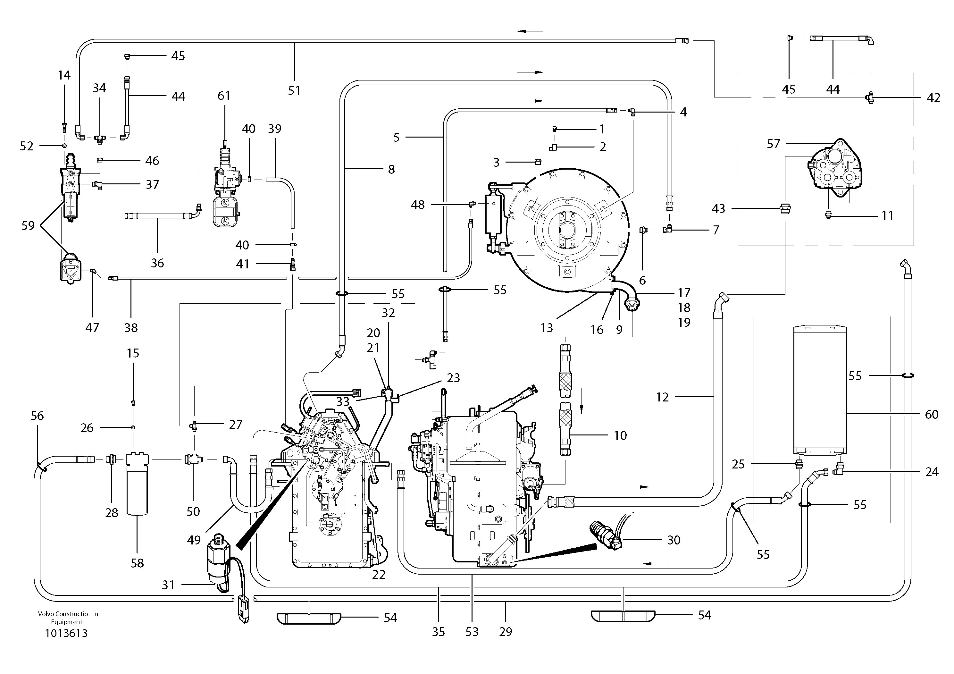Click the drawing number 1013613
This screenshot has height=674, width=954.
66,633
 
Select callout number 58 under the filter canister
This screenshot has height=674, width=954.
137,563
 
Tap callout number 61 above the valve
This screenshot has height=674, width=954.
224,96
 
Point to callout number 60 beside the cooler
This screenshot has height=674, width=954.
932,414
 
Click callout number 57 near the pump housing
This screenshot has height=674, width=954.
773,144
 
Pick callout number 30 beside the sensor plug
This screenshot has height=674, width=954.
674,540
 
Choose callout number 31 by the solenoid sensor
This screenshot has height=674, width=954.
168,585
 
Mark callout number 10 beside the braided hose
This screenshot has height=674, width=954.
620,435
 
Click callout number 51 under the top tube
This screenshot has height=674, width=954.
294,91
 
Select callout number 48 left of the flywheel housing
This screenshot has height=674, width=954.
418,205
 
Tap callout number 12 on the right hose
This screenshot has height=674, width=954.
662,397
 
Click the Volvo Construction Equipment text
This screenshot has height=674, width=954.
67,618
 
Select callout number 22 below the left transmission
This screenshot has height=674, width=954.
379,575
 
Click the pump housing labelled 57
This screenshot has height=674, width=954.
835,170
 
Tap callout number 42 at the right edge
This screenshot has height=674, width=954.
933,98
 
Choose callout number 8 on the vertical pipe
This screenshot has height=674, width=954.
391,170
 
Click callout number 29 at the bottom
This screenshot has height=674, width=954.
505,632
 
